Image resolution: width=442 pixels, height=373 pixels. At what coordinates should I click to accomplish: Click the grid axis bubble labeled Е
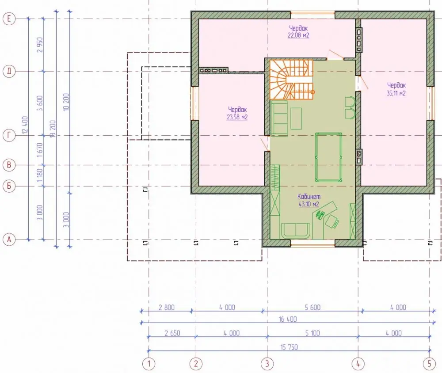(9, 19)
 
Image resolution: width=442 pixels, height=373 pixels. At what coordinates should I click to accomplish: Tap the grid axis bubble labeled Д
(9, 71)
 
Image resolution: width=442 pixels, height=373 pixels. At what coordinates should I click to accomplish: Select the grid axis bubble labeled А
(9, 240)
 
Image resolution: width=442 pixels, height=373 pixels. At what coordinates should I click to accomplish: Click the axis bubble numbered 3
(267, 364)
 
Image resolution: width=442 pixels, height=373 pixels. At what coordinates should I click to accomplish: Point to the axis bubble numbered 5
(429, 364)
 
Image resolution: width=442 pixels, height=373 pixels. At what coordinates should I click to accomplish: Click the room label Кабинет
(309, 196)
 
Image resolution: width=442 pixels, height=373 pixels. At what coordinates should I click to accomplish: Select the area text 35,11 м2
(396, 93)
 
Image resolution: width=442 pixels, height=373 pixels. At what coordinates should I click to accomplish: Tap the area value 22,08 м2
(298, 35)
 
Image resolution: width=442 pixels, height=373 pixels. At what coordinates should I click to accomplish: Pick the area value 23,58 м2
(237, 117)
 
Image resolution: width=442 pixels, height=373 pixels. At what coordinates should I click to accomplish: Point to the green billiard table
(328, 157)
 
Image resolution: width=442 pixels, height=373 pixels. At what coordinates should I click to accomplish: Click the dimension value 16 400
(288, 319)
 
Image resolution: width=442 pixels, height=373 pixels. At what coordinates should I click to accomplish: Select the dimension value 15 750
(289, 347)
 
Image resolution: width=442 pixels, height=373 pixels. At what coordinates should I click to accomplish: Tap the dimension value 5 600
(312, 307)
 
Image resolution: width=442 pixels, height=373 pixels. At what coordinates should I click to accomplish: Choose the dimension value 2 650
(172, 333)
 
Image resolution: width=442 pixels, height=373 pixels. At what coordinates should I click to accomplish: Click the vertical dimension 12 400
(25, 125)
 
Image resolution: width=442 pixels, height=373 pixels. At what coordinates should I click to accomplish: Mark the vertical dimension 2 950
(40, 45)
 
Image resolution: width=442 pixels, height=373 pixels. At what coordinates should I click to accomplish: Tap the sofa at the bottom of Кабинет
(296, 231)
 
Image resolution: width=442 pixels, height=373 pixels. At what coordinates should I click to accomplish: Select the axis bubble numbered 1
(149, 364)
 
